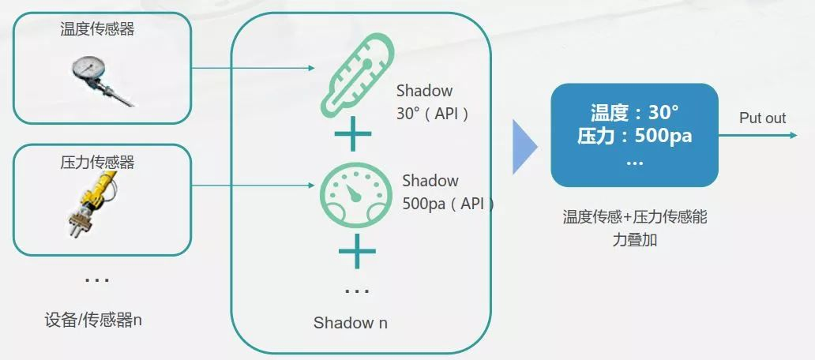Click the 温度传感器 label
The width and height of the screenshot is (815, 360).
97,29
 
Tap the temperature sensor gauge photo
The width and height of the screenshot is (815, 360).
102,79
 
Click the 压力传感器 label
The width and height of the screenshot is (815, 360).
97,163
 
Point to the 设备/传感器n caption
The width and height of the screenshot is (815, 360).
93,321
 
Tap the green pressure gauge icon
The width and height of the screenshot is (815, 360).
355,196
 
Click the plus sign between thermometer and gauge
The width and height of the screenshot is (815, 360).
353,137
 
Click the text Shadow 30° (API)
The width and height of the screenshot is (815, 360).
434,102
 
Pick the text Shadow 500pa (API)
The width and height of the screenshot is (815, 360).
446,192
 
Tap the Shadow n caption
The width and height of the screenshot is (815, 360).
350,322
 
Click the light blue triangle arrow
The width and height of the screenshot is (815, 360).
524,147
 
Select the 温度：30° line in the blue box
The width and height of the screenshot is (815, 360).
634,112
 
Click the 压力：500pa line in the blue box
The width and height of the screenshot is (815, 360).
634,136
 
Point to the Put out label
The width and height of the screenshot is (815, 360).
762,118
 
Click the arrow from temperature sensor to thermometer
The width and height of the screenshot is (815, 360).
253,68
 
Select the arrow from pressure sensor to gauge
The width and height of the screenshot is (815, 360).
253,186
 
